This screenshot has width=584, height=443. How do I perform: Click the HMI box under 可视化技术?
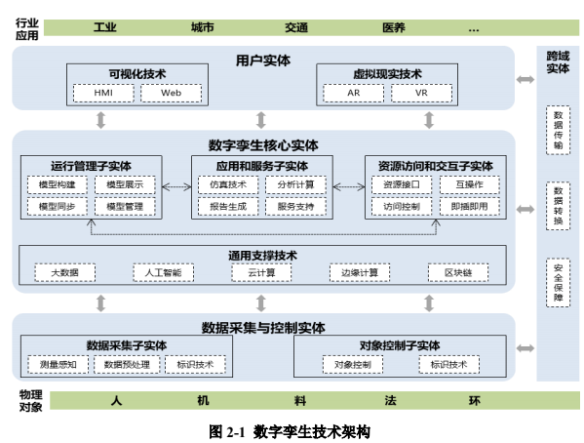(x=102, y=94)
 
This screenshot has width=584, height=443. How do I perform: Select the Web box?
(x=172, y=94)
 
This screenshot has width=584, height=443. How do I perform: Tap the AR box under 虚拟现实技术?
(x=352, y=94)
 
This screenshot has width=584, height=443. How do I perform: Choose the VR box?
(x=420, y=94)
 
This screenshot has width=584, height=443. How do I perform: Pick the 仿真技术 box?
(x=227, y=184)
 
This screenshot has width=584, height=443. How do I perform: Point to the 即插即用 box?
(x=468, y=206)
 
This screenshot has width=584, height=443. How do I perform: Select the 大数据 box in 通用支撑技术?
(x=65, y=273)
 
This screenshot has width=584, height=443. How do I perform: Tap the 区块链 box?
(x=457, y=273)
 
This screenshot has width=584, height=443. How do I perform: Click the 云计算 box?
(x=261, y=273)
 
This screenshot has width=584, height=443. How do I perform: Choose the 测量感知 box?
(x=58, y=365)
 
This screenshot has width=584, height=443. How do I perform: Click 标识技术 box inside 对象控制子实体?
(x=449, y=365)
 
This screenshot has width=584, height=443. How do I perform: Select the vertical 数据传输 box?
(x=558, y=130)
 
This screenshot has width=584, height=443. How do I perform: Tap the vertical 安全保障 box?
(x=558, y=282)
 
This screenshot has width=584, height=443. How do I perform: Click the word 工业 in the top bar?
(x=105, y=28)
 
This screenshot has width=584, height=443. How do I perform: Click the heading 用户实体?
(x=263, y=60)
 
